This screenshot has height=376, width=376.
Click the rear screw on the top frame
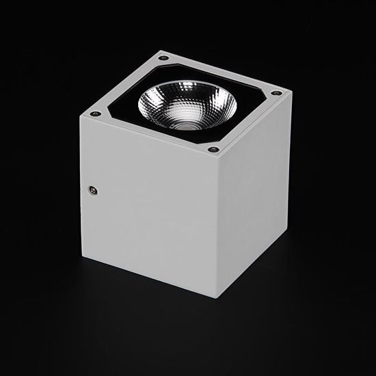coord(163,58)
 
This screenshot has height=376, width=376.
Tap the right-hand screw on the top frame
coord(276,93)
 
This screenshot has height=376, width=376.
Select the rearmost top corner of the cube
coord(162,50)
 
